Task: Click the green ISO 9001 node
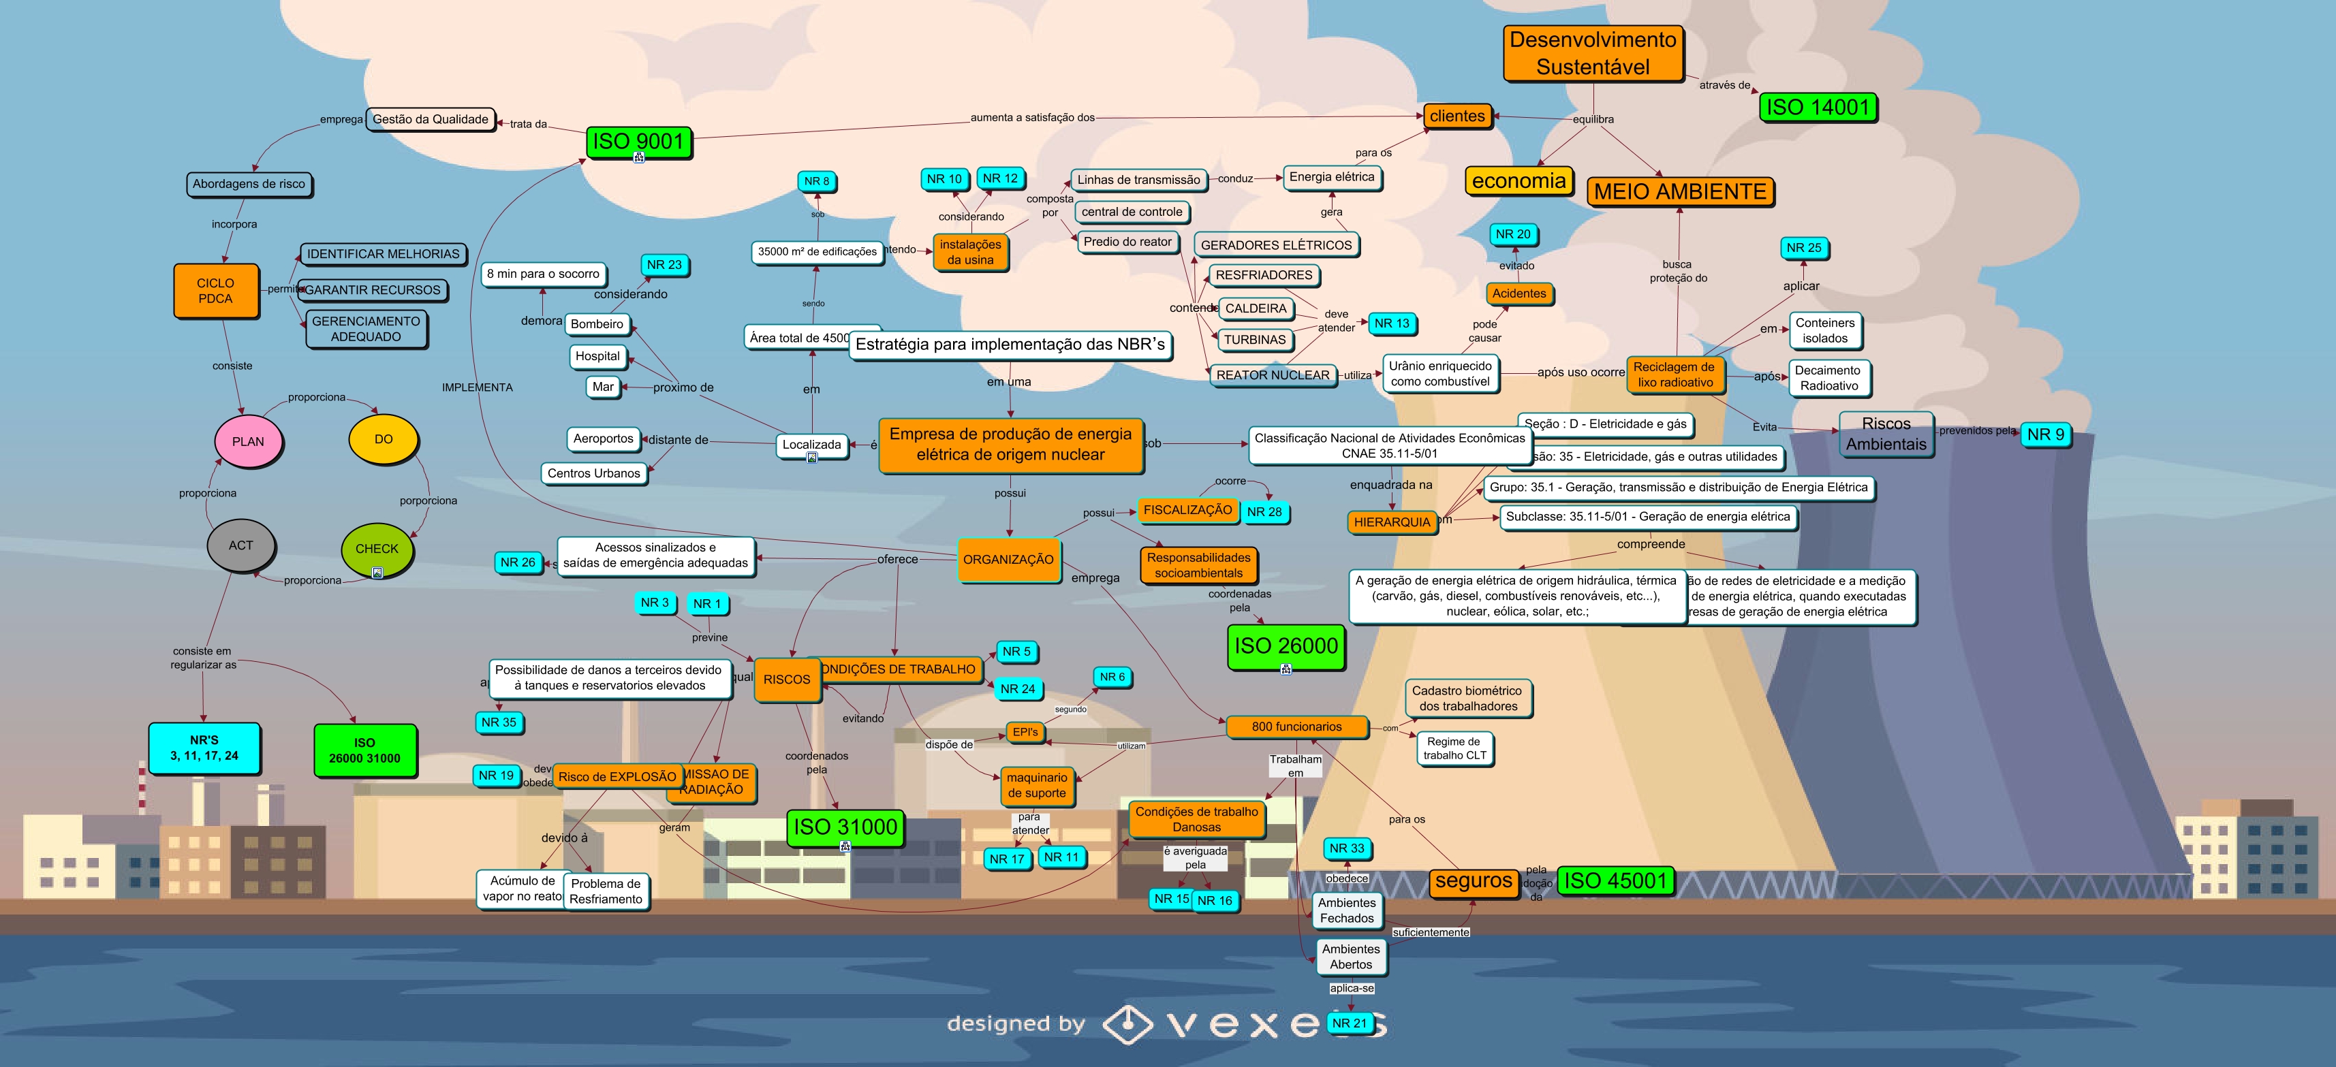tap(638, 142)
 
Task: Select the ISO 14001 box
tap(1818, 107)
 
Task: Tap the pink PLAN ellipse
tap(247, 441)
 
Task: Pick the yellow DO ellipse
tap(384, 439)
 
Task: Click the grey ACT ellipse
tap(240, 545)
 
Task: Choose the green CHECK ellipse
tap(376, 548)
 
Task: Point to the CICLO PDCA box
tap(216, 291)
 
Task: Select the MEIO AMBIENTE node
tap(1679, 191)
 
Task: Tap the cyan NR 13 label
tap(1391, 323)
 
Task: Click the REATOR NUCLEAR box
tap(1273, 375)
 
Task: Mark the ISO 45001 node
tap(1615, 880)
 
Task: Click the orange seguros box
tap(1474, 880)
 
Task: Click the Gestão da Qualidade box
tap(430, 118)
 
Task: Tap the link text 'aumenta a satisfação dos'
tap(1032, 117)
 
